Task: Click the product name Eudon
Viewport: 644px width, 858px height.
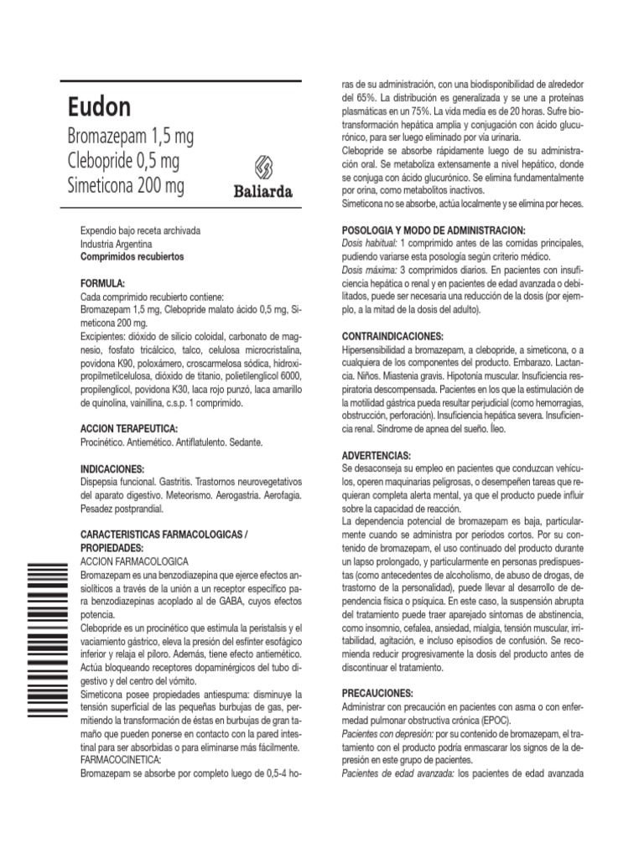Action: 99,108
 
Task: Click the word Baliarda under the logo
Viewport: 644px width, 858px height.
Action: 262,192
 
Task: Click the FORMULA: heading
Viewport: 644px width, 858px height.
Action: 102,284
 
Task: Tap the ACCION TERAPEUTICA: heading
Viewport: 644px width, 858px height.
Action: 128,428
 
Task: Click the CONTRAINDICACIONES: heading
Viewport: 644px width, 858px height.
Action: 393,335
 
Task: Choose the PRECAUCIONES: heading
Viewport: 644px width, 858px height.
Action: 378,695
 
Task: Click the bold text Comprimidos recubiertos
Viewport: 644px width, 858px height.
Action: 132,256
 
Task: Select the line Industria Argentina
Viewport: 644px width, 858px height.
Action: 116,244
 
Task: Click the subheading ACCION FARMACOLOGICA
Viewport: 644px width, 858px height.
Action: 134,561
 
